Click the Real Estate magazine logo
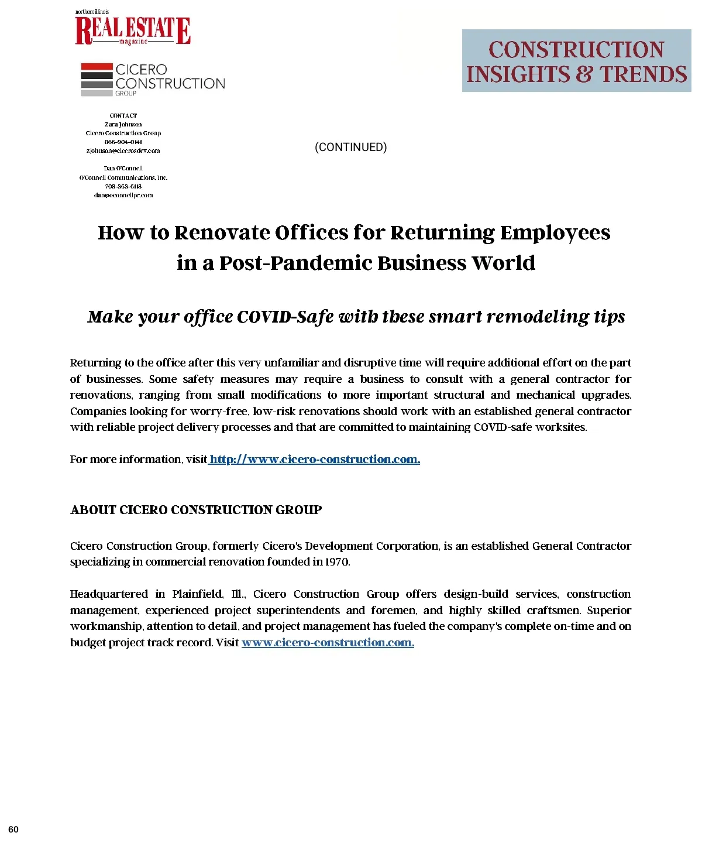(x=133, y=29)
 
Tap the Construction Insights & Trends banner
(x=576, y=61)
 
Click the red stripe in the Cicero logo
(x=97, y=67)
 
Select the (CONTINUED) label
(x=350, y=147)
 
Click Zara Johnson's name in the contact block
(x=123, y=124)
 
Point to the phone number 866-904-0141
(x=123, y=142)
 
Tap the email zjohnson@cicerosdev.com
(x=123, y=150)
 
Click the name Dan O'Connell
(x=123, y=168)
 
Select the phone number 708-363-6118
(x=123, y=186)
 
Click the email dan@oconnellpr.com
(x=123, y=195)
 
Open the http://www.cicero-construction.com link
(x=314, y=460)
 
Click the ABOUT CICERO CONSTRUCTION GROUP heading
(x=196, y=510)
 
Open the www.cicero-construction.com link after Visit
(x=328, y=643)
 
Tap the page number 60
(x=13, y=829)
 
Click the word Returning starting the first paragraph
(x=95, y=363)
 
